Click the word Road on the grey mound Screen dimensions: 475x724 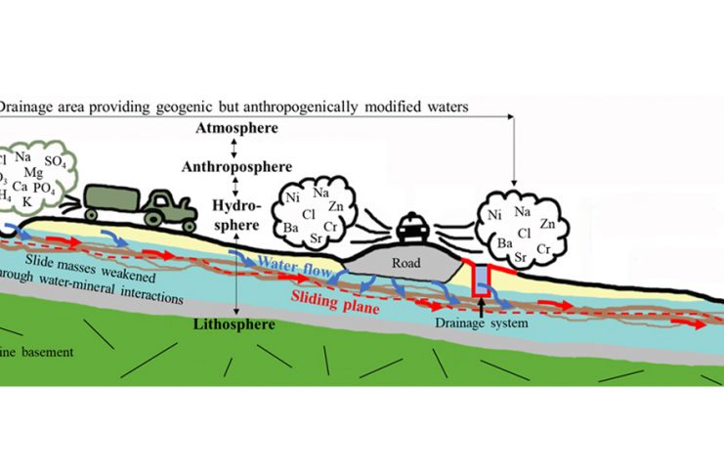coord(405,261)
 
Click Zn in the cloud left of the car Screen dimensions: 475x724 coord(336,206)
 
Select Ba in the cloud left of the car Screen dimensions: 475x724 coord(291,228)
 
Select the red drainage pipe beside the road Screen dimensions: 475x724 coord(480,279)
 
